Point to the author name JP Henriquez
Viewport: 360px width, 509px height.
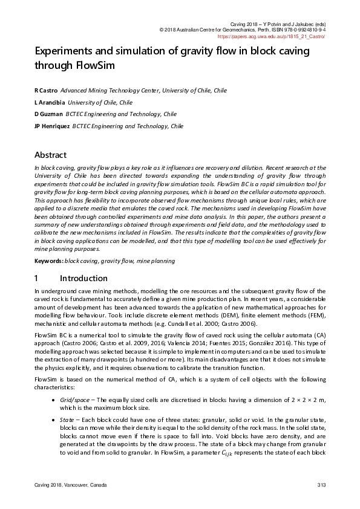pyautogui.click(x=52, y=126)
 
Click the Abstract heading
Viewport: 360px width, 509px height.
pyautogui.click(x=50, y=155)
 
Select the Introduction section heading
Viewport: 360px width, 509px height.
pyautogui.click(x=85, y=278)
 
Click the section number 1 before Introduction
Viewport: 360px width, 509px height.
pyautogui.click(x=36, y=278)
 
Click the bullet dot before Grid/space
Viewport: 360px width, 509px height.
pyautogui.click(x=56, y=400)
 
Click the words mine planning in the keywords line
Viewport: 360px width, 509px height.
pyautogui.click(x=157, y=261)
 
